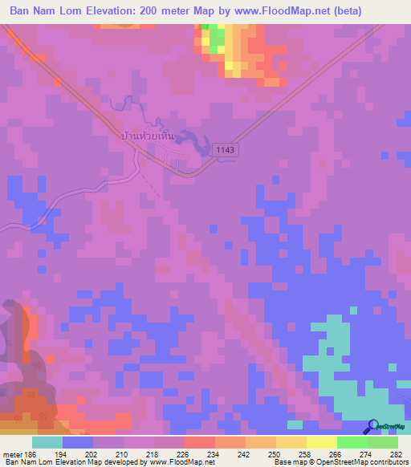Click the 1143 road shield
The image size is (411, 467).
pyautogui.click(x=226, y=149)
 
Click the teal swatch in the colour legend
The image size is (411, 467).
pyautogui.click(x=47, y=443)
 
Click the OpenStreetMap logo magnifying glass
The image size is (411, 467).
pyautogui.click(x=372, y=426)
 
